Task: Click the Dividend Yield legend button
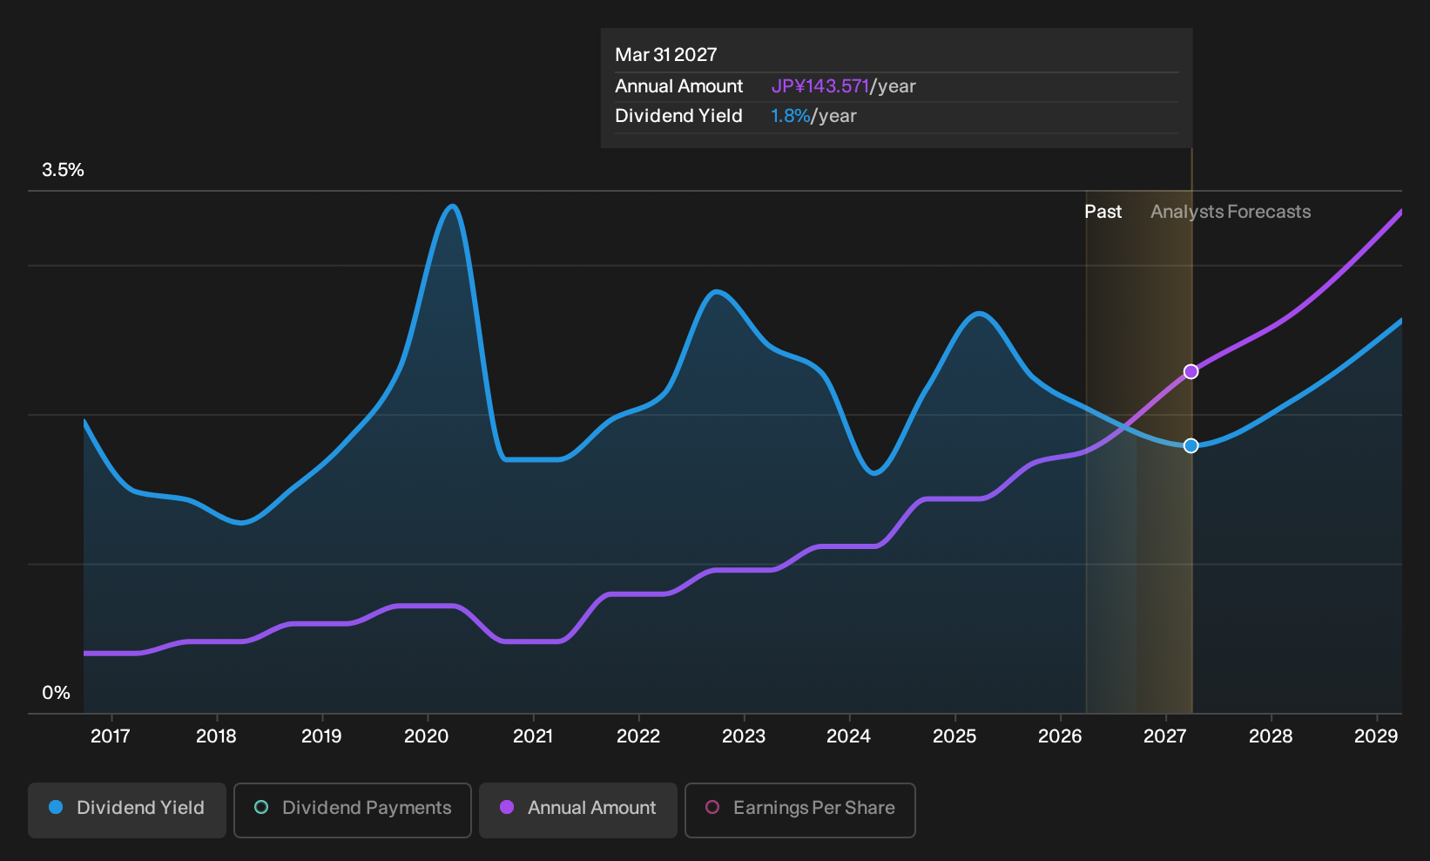127,810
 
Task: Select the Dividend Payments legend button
353,810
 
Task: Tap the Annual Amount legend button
577,810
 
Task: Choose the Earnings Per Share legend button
799,810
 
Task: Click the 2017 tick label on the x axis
111,736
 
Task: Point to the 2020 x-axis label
427,736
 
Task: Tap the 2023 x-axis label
744,736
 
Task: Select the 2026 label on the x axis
1060,736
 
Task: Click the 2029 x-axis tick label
1376,736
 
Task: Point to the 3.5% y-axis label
64,170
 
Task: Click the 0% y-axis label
57,693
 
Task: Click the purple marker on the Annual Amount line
1191,372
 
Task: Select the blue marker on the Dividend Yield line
1191,446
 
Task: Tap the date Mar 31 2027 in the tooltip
666,55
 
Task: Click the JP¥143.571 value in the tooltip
820,86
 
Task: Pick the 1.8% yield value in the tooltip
790,116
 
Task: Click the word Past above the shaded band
1103,212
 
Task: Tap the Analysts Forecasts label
1231,212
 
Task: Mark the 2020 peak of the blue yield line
453,206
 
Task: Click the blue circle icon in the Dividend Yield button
57,807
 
